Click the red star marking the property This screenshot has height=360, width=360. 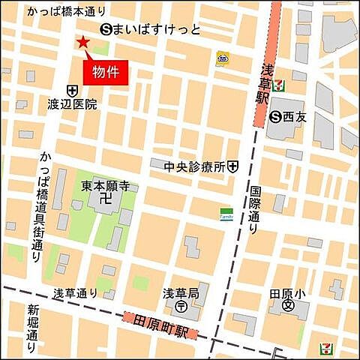(82, 43)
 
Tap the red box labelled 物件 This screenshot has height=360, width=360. (105, 71)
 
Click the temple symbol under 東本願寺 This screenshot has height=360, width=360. (104, 199)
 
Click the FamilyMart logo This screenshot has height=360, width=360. (226, 213)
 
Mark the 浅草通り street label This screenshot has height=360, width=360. (75, 292)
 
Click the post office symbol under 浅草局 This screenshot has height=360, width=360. (181, 307)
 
